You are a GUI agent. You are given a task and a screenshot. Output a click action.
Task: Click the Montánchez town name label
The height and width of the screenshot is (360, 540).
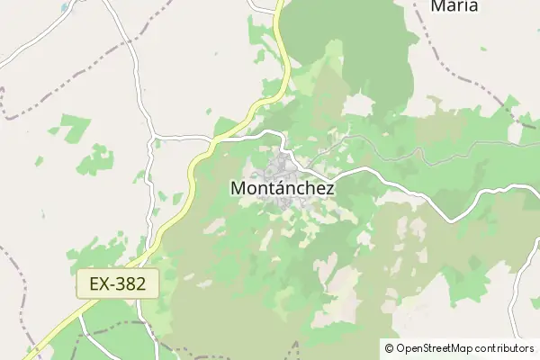[x=283, y=189]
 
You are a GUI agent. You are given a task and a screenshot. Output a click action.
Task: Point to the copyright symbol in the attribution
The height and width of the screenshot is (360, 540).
[x=390, y=348]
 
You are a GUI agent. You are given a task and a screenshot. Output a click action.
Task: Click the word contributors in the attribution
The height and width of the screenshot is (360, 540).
[x=505, y=348]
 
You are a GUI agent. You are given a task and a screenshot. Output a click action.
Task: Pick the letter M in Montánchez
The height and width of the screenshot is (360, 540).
[x=238, y=189]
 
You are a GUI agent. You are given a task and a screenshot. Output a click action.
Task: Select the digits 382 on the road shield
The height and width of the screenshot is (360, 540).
[x=138, y=284]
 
